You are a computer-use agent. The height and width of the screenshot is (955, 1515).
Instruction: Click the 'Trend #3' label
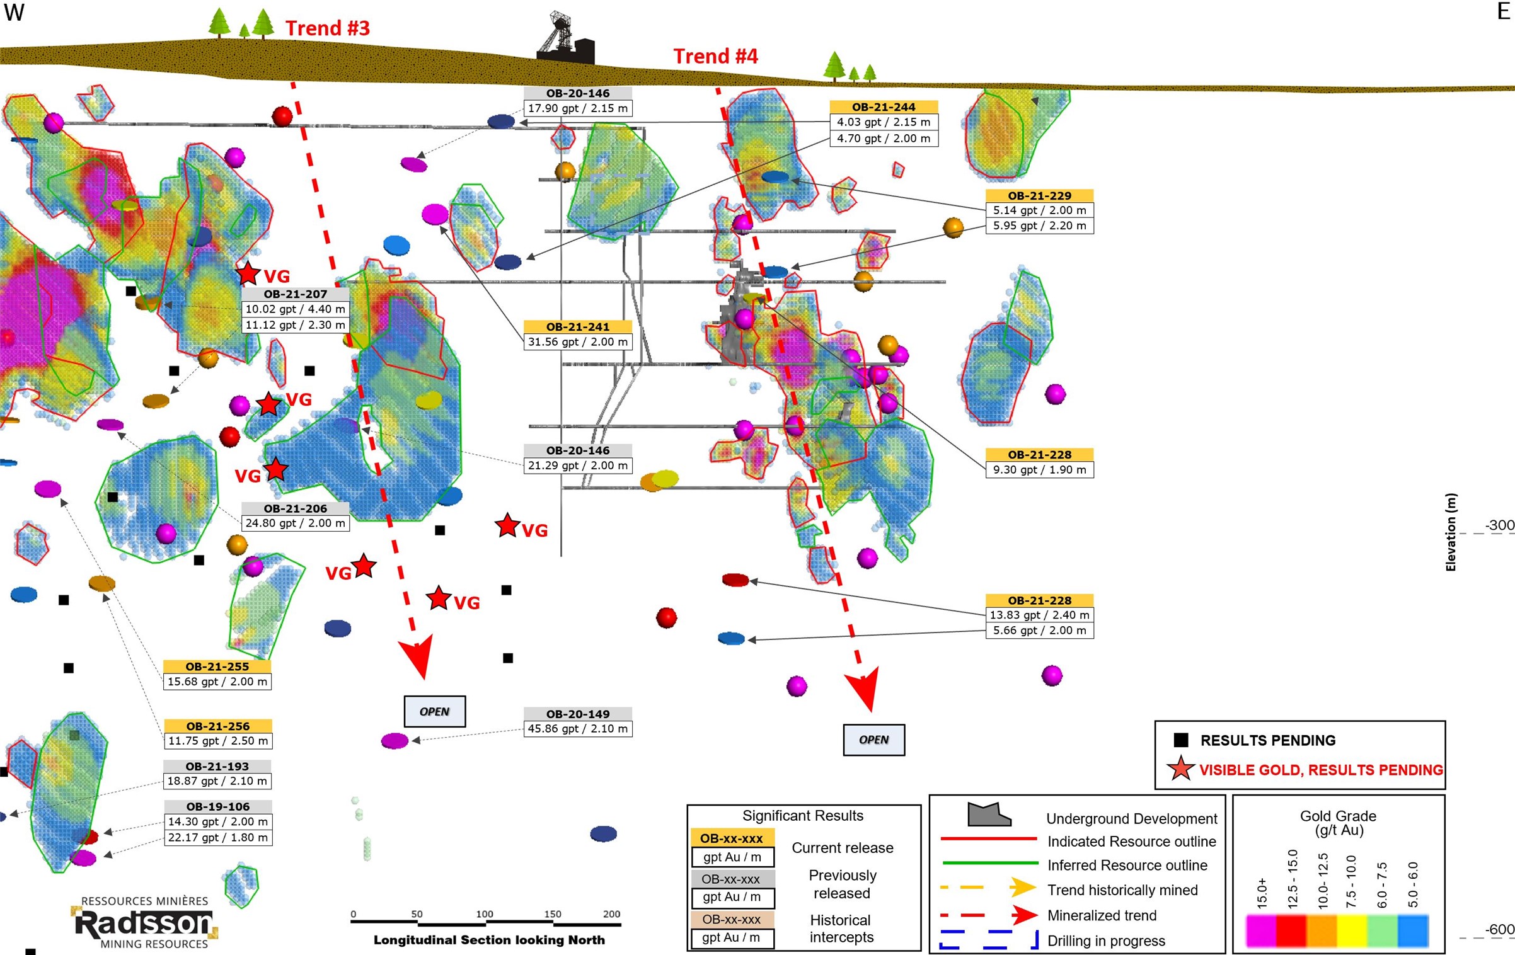point(327,28)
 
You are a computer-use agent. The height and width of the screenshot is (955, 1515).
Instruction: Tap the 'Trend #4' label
point(715,56)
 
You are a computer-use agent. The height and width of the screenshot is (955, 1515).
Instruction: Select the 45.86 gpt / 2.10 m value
point(577,729)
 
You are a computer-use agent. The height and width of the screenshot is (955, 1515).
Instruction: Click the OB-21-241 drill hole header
point(577,326)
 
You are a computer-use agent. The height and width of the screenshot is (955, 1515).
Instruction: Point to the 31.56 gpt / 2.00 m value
point(577,342)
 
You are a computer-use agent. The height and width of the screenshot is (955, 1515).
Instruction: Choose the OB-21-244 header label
point(884,107)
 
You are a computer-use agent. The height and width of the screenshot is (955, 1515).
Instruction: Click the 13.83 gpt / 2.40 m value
point(1039,615)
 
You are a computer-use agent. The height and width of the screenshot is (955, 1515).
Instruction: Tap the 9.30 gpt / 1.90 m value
point(1039,470)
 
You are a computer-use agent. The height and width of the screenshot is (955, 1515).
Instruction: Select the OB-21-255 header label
point(217,666)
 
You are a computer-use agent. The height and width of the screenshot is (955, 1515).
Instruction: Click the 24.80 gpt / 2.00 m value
point(295,523)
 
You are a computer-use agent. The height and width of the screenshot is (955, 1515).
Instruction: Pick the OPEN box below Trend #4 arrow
point(873,740)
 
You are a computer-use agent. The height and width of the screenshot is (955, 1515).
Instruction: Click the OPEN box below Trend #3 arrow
point(434,711)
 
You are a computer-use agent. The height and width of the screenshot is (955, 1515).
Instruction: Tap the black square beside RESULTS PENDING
point(1181,740)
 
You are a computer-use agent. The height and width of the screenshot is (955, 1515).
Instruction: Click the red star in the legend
point(1180,769)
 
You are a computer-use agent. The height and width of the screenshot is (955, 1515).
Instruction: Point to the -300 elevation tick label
point(1499,525)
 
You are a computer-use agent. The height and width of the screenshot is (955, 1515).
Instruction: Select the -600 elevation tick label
point(1499,929)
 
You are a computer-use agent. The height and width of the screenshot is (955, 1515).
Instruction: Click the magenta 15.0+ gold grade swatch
point(1260,930)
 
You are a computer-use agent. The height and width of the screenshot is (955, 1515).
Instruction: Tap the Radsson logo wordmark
point(144,924)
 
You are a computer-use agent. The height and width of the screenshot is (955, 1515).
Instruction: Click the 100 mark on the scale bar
point(485,914)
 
